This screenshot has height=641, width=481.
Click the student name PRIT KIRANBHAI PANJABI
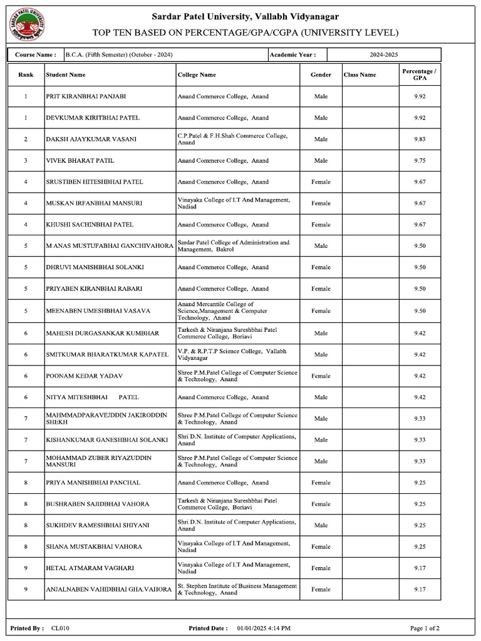(86, 96)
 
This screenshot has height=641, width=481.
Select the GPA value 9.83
(420, 139)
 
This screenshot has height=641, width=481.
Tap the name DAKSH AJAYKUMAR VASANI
(91, 139)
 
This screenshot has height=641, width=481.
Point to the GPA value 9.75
(420, 161)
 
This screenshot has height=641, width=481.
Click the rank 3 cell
(26, 161)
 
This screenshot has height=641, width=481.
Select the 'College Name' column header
(197, 75)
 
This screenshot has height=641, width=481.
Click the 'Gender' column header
(321, 75)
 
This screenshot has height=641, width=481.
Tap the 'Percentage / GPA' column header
(420, 75)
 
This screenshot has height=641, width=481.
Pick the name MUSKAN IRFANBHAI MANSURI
(94, 203)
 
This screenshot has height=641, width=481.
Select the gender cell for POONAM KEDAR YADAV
(321, 376)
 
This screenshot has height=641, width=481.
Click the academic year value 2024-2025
(383, 55)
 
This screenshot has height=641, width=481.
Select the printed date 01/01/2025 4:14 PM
(268, 628)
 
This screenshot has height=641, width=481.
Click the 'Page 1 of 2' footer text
(425, 628)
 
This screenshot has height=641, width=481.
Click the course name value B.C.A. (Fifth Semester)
(119, 55)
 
